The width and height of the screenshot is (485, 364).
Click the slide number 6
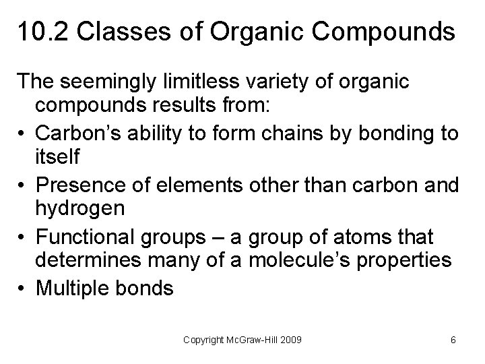tap(453, 340)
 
